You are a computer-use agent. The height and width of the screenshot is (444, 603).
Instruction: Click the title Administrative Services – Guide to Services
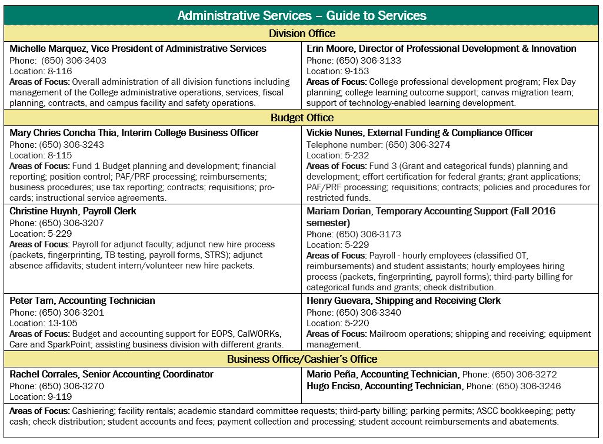point(301,15)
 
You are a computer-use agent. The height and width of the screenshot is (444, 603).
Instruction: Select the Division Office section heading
point(302,34)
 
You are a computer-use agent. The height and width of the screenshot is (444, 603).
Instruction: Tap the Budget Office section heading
point(302,118)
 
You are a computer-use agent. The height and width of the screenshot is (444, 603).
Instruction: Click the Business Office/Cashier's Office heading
point(302,359)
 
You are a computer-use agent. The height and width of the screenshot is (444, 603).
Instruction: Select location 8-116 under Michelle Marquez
point(58,71)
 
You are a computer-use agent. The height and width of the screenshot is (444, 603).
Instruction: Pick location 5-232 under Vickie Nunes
point(355,155)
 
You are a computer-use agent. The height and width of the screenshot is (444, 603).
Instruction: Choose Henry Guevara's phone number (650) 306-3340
point(368,312)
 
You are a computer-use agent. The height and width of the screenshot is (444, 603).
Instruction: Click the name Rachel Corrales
point(45,374)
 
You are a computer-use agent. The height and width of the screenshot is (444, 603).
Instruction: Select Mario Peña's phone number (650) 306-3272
point(524,374)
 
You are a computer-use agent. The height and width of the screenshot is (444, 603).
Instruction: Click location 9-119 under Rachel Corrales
point(58,397)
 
